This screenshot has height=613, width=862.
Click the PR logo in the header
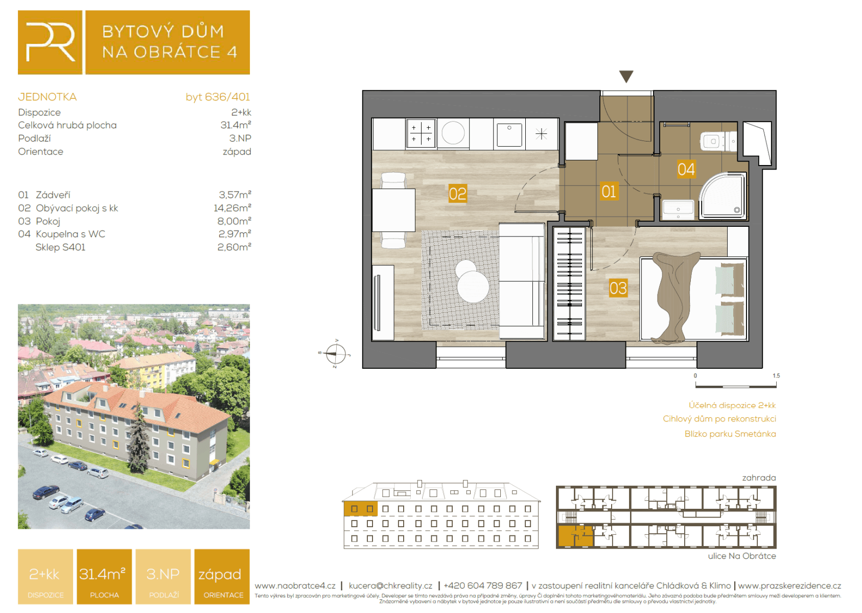point(50,42)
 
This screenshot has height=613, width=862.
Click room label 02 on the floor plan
point(457,194)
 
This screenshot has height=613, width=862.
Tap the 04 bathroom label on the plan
point(686,169)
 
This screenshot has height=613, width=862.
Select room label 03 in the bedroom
point(618,288)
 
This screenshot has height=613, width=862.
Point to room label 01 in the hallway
point(609,192)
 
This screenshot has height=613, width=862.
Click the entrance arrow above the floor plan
point(626,77)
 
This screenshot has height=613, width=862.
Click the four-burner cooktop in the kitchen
point(421,133)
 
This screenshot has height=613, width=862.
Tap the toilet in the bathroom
point(715,141)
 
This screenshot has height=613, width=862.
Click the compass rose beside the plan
point(335,353)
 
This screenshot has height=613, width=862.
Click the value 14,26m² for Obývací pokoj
point(232,208)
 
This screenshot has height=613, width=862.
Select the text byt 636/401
point(218,97)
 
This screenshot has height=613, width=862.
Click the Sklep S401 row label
point(60,247)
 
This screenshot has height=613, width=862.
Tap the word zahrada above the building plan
point(758,478)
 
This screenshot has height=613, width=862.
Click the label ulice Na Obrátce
point(741,556)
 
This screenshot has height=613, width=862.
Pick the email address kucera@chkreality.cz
point(390,585)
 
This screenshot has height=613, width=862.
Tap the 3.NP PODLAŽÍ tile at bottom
point(163,577)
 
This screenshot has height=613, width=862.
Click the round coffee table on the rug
point(473,286)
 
